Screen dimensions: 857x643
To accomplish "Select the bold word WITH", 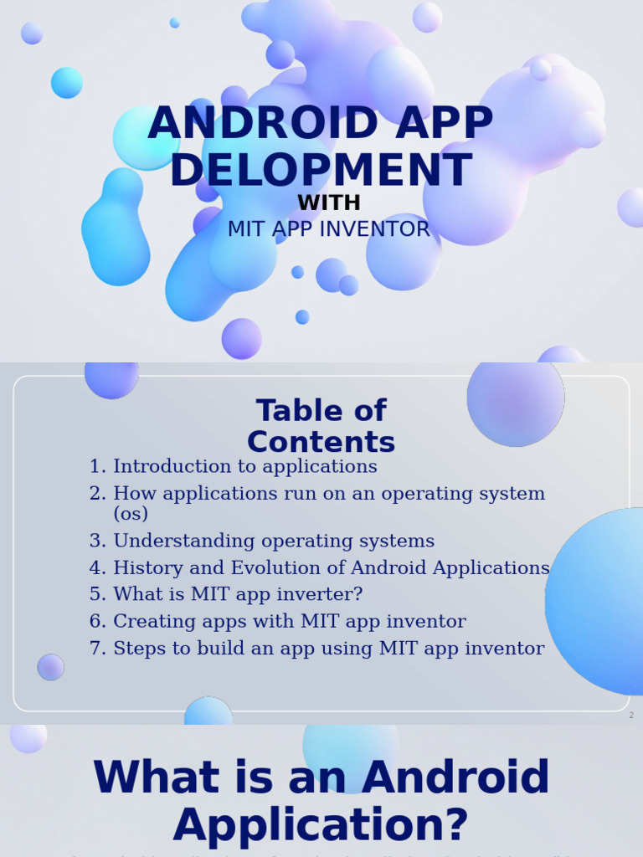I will pyautogui.click(x=329, y=203).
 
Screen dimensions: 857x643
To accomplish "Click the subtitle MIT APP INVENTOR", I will pyautogui.click(x=329, y=229).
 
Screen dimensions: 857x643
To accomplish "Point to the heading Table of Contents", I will pyautogui.click(x=321, y=426).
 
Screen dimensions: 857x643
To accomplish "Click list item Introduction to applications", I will pyautogui.click(x=245, y=466).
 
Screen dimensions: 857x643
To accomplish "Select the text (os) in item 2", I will pyautogui.click(x=131, y=513).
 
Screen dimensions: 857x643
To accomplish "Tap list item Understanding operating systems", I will pyautogui.click(x=274, y=541).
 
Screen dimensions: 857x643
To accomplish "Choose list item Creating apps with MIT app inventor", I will pyautogui.click(x=290, y=621).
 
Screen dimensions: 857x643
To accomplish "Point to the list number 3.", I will pyautogui.click(x=97, y=541).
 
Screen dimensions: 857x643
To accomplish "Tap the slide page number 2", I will pyautogui.click(x=631, y=716).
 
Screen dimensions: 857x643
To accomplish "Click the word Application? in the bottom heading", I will pyautogui.click(x=321, y=824).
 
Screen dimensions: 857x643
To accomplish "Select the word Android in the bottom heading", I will pyautogui.click(x=455, y=777).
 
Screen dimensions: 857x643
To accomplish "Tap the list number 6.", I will pyautogui.click(x=97, y=621).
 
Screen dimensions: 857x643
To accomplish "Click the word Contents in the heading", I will pyautogui.click(x=321, y=442).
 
